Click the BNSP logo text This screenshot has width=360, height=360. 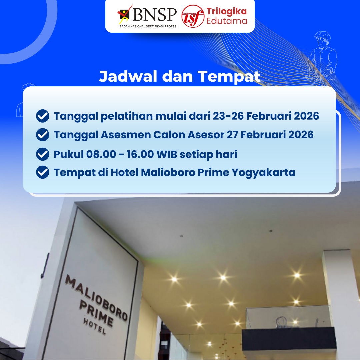click(155, 14)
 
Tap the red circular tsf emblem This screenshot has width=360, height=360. click(193, 16)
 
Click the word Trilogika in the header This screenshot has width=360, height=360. click(227, 11)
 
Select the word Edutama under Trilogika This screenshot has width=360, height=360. click(227, 21)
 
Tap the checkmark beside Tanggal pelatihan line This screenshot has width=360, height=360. click(43, 116)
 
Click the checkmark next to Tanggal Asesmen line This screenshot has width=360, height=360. click(43, 135)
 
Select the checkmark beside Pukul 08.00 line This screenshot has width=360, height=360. click(43, 154)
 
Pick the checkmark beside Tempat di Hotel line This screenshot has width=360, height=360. click(43, 172)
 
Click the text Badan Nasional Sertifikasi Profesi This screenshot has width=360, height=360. click(148, 26)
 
